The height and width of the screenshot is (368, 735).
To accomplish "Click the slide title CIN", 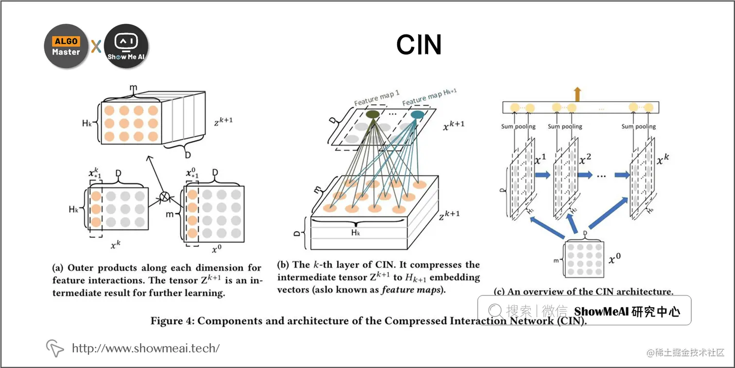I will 419,45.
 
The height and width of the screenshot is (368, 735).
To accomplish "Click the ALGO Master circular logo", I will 66,46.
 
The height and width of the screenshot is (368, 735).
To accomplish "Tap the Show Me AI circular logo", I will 126,46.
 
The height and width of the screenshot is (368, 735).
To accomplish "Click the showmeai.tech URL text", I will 146,348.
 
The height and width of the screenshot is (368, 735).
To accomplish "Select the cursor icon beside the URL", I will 55,348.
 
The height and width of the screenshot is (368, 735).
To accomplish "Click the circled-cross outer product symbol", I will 165,197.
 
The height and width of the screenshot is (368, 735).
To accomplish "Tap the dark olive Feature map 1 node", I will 373,114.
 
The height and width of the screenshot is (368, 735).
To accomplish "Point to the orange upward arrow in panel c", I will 577,93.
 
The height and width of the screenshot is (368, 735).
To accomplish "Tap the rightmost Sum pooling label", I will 638,127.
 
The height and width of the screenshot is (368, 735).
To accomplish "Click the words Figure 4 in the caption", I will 172,321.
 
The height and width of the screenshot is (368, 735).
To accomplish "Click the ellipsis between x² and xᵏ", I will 601,176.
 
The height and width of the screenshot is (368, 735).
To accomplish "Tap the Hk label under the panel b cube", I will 355,233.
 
